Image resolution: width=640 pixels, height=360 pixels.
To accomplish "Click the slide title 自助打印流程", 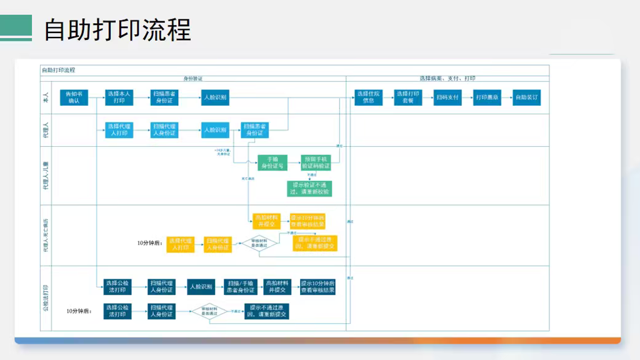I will [117, 29].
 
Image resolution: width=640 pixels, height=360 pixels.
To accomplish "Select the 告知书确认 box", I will [74, 97].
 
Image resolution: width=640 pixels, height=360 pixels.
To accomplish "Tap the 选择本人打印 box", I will [119, 97].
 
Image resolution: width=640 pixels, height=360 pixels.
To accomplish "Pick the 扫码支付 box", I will [447, 97].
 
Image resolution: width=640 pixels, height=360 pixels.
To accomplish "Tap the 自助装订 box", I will [526, 97].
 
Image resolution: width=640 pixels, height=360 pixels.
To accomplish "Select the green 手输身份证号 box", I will [272, 162].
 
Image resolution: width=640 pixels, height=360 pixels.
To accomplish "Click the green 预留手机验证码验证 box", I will [316, 162].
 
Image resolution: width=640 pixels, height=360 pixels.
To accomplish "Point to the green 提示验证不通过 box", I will [310, 188].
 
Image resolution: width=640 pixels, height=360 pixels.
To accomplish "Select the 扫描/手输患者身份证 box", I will [241, 286].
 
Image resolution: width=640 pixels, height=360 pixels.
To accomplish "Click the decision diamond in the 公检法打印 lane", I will [209, 311].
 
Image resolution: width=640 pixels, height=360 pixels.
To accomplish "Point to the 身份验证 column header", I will [192, 79].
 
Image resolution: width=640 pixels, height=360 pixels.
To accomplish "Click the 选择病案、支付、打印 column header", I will [447, 79].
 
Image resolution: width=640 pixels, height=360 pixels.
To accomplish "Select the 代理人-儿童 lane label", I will [46, 176].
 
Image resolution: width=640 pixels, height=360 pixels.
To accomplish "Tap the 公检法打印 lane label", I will [46, 298].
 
